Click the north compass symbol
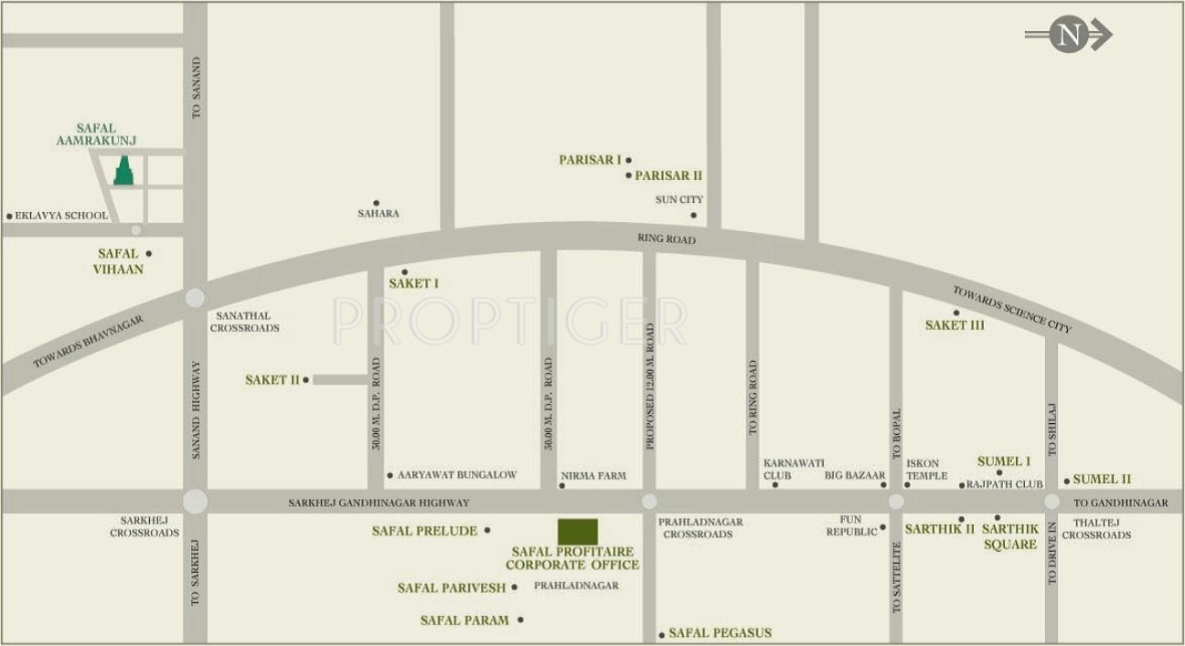click(1067, 35)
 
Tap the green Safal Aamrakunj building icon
click(123, 171)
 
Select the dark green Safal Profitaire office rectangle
click(578, 532)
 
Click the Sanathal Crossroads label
click(244, 321)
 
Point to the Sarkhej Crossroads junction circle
click(195, 502)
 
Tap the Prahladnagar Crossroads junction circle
click(649, 501)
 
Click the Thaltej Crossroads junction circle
click(1052, 502)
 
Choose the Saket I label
click(413, 283)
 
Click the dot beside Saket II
click(306, 379)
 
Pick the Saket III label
click(955, 325)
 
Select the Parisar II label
click(668, 175)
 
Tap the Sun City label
click(679, 199)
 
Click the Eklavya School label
click(61, 216)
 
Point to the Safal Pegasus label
click(720, 632)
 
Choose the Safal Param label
click(464, 620)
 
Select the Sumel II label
click(1102, 479)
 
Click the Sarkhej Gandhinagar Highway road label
click(379, 503)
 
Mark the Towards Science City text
click(1011, 309)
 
